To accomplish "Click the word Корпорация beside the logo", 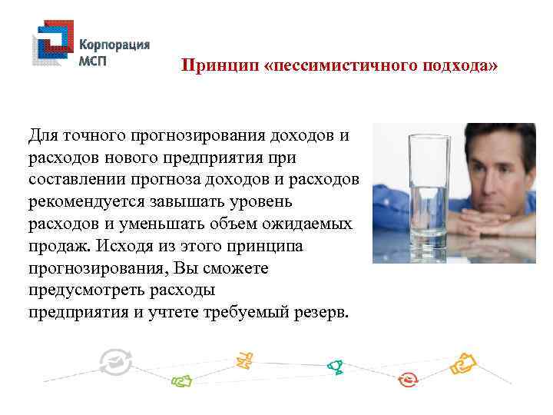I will [x=114, y=45].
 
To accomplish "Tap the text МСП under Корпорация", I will [x=96, y=61].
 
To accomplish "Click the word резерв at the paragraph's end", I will [x=323, y=313].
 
